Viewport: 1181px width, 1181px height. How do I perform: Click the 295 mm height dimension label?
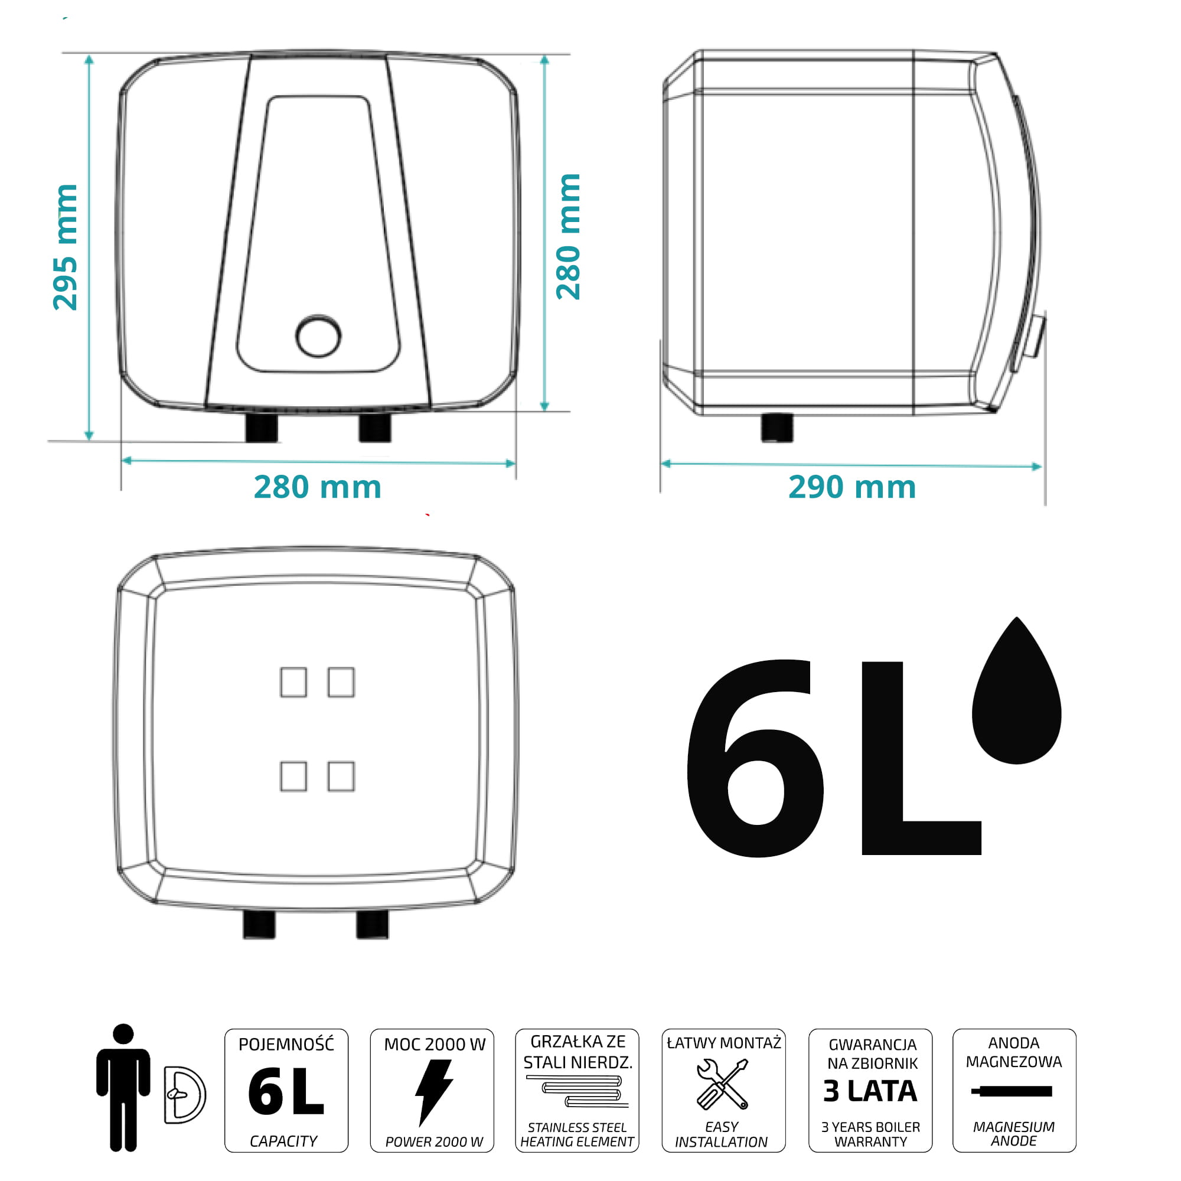coord(66,247)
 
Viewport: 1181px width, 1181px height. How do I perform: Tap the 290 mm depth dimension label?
coord(852,487)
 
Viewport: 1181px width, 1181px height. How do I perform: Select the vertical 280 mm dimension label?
coord(568,237)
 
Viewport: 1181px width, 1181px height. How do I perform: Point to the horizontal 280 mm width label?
coord(317,487)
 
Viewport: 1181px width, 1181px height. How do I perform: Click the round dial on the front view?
coord(318,336)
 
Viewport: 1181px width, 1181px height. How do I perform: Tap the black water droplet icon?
coord(1017,691)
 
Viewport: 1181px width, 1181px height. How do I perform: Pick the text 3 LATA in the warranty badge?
coord(870,1091)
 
